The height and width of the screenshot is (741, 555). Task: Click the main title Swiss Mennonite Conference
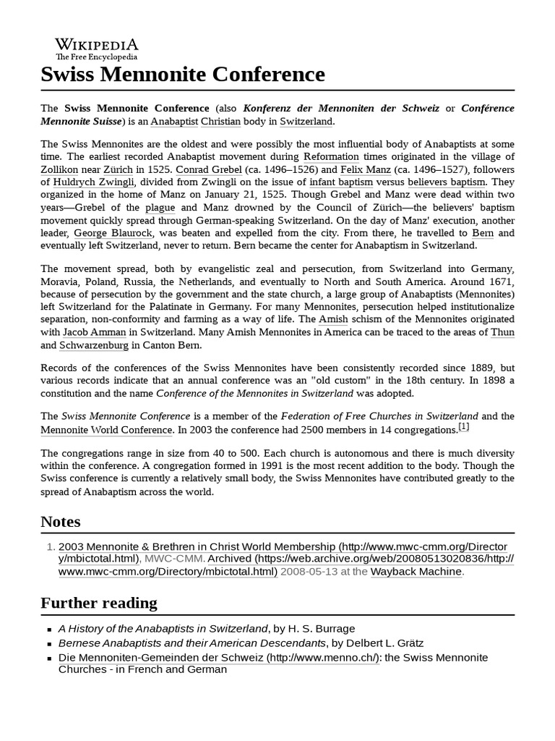(x=183, y=75)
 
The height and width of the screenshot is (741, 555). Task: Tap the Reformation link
(x=331, y=157)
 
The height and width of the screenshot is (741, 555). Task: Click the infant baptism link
(x=341, y=183)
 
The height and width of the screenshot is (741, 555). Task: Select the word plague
(x=160, y=208)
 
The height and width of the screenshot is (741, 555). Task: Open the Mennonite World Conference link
(x=106, y=430)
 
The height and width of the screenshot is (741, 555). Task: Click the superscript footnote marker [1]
(x=464, y=427)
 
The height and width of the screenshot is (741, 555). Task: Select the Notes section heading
(x=61, y=522)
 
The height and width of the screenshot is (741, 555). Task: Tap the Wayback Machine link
(x=416, y=572)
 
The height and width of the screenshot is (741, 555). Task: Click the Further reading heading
(x=99, y=604)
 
